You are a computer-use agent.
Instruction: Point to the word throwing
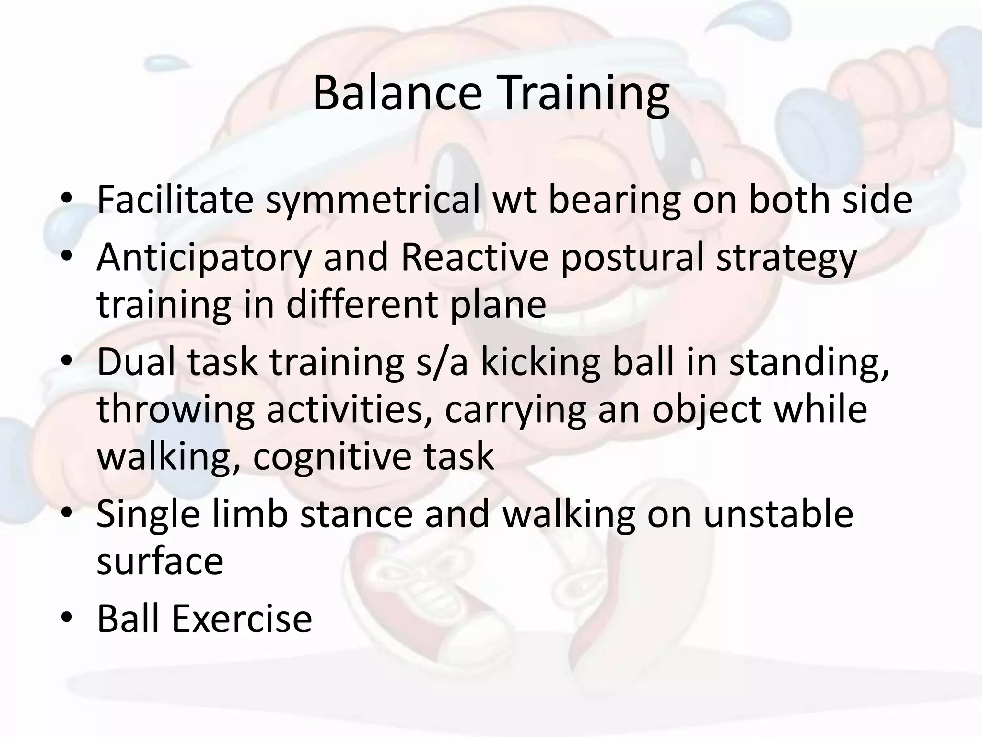175,410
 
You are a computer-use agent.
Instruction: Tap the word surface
160,561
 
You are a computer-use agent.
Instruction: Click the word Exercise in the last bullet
242,619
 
